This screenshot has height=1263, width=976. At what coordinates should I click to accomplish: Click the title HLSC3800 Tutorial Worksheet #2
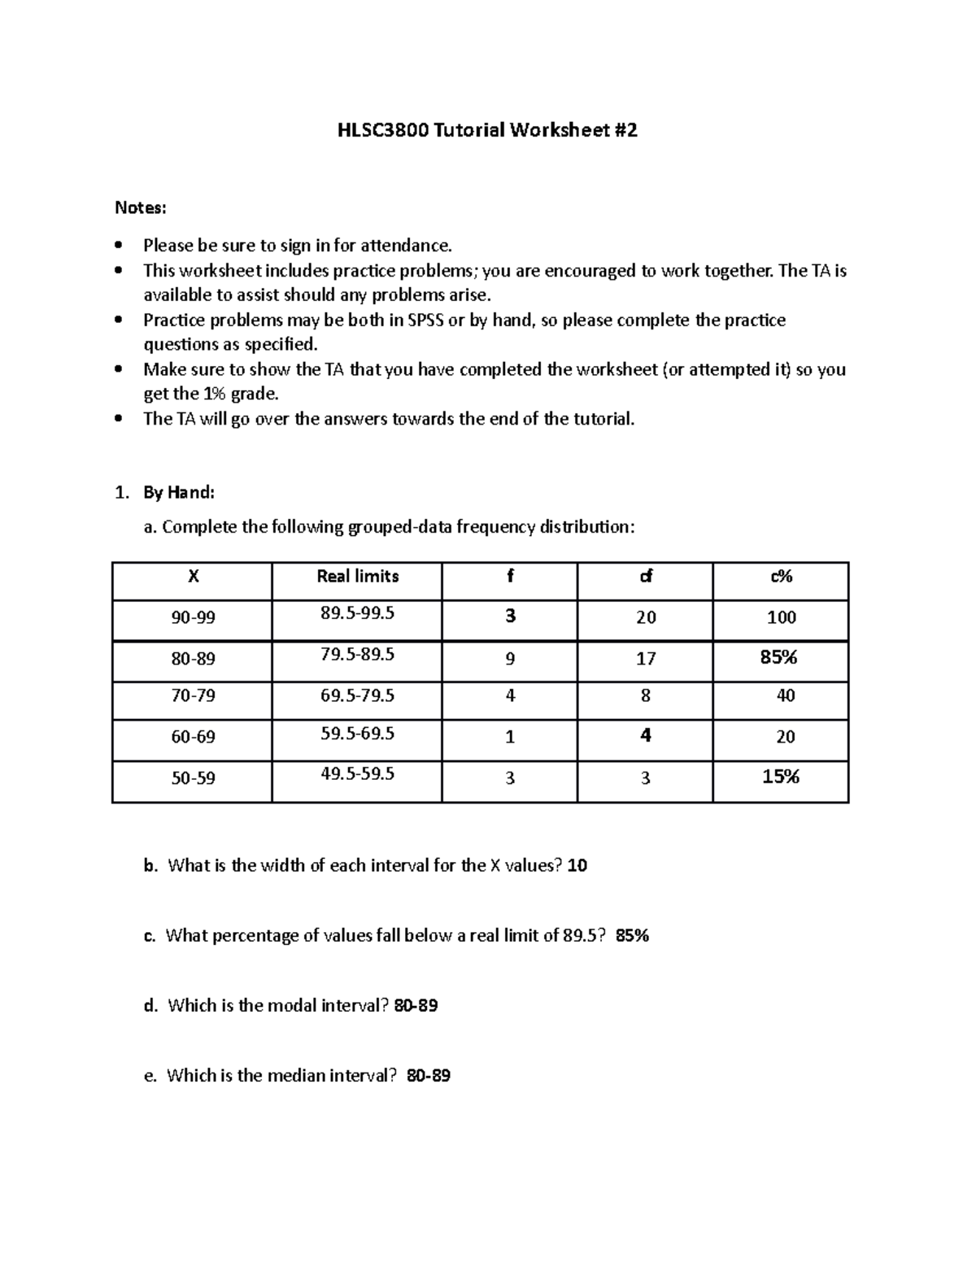(487, 130)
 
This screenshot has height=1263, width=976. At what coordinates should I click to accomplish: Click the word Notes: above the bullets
(140, 208)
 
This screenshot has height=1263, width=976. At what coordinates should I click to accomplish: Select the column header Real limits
(357, 577)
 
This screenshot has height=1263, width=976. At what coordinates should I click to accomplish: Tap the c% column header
(781, 577)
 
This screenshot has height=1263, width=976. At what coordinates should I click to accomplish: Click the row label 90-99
(193, 618)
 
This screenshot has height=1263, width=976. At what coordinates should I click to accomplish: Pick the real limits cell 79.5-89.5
(357, 655)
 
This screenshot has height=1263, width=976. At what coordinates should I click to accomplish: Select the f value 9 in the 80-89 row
(510, 660)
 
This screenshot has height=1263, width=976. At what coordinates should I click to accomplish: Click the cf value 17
(646, 660)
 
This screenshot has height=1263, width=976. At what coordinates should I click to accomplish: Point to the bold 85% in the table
(778, 657)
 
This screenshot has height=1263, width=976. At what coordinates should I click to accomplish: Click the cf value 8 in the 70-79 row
(646, 696)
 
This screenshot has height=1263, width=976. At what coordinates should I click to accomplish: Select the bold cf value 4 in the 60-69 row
(646, 736)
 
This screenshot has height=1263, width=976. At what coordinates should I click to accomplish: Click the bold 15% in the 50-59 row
(781, 777)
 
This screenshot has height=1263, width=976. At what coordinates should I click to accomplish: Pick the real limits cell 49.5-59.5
(357, 773)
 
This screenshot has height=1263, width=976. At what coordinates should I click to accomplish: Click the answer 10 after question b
(577, 866)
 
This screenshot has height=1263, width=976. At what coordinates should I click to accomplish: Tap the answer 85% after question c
(632, 936)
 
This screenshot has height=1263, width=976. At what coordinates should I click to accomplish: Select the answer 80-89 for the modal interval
(416, 1006)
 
